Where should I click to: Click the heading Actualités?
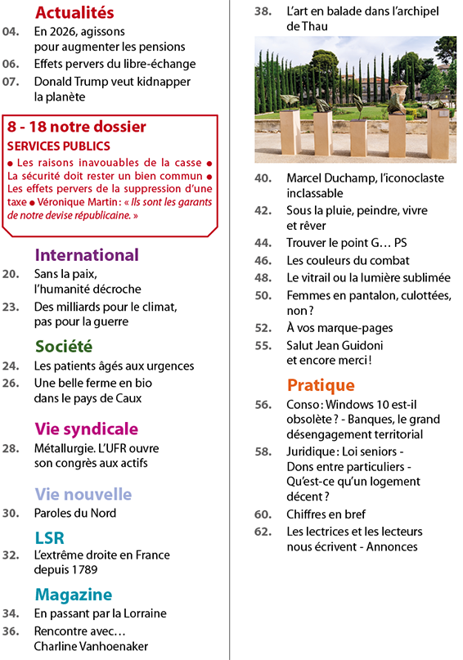click(74, 12)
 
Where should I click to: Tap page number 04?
click(11, 32)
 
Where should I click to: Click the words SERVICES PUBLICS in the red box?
click(58, 146)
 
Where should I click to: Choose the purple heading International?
click(88, 254)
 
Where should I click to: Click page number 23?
click(11, 307)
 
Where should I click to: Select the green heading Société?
click(63, 346)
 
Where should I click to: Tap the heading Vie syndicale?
click(86, 429)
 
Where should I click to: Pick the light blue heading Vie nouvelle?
click(83, 494)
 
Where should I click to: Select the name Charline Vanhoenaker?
click(91, 645)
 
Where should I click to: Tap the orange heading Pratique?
click(321, 384)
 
